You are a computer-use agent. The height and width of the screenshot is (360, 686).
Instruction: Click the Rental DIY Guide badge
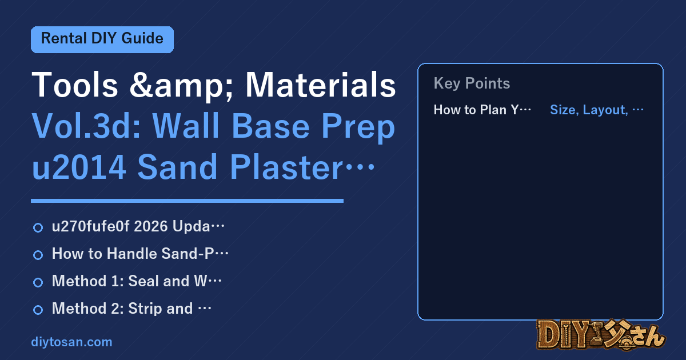[x=102, y=39]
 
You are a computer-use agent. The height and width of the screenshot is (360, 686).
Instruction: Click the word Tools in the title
[x=75, y=85]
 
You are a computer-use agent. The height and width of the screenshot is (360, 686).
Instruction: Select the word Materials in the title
[x=321, y=85]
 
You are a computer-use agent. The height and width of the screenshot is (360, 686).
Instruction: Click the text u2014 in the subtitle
[x=79, y=167]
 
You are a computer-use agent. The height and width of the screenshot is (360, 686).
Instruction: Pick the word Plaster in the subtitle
[x=286, y=167]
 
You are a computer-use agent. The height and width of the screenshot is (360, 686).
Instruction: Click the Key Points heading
[x=472, y=83]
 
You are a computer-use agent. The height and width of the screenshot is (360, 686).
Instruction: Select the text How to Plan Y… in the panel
[x=482, y=110]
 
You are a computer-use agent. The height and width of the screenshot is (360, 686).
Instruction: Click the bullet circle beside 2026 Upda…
[x=38, y=227]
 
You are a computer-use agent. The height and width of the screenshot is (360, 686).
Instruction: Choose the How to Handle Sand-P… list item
[x=140, y=254]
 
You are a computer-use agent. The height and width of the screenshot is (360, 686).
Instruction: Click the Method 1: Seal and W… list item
[x=137, y=281]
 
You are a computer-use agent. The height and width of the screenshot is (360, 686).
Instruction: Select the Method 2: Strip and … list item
[x=131, y=308]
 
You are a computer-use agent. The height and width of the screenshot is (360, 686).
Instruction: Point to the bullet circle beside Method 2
[x=38, y=310]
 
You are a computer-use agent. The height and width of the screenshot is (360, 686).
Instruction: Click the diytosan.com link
[x=71, y=342]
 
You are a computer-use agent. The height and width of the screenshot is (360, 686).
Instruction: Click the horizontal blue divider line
[x=187, y=201]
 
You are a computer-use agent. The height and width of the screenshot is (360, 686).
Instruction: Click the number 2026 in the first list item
[x=151, y=226]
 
